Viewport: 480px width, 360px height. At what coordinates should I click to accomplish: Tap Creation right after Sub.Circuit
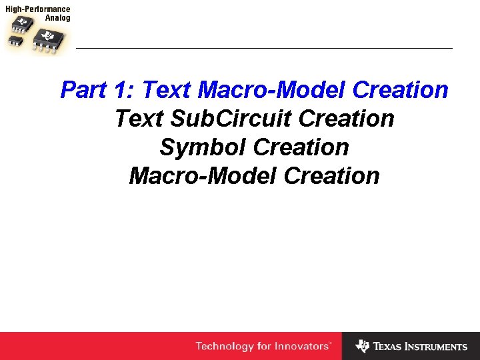coord(347,119)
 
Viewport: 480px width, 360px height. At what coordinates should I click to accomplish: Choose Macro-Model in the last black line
coord(203,176)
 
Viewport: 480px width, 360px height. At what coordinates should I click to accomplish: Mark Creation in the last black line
coord(331,176)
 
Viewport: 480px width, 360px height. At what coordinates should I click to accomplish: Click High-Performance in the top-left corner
coord(37,10)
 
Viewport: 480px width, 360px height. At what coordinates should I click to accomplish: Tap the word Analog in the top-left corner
coord(57,19)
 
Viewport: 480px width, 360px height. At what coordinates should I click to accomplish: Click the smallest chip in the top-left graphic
coord(18,41)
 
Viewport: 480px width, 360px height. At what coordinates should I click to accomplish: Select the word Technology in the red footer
coord(225,346)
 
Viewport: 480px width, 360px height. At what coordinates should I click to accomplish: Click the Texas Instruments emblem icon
coord(362,346)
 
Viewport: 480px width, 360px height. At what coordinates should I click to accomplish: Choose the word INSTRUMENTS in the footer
coord(437,347)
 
